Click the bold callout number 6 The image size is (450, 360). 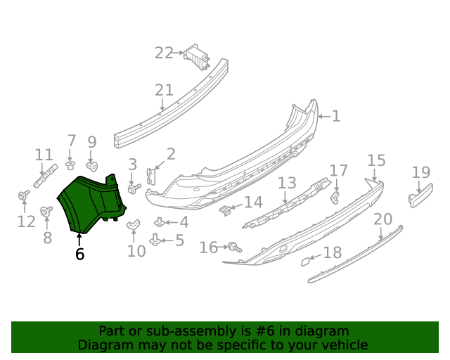click(x=79, y=254)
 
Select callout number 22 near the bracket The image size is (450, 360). click(x=164, y=53)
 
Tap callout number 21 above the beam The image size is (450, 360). click(x=164, y=90)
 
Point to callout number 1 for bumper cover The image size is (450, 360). click(x=335, y=116)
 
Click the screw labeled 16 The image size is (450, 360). click(x=234, y=247)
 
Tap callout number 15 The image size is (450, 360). click(x=376, y=161)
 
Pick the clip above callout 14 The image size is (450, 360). click(x=225, y=209)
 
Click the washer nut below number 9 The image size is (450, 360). click(x=91, y=167)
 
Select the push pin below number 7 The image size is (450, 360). click(x=70, y=166)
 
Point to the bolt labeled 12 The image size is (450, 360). click(x=24, y=195)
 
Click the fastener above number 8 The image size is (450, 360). click(x=47, y=210)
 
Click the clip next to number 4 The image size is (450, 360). click(x=160, y=221)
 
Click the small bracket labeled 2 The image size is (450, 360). click(x=150, y=177)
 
